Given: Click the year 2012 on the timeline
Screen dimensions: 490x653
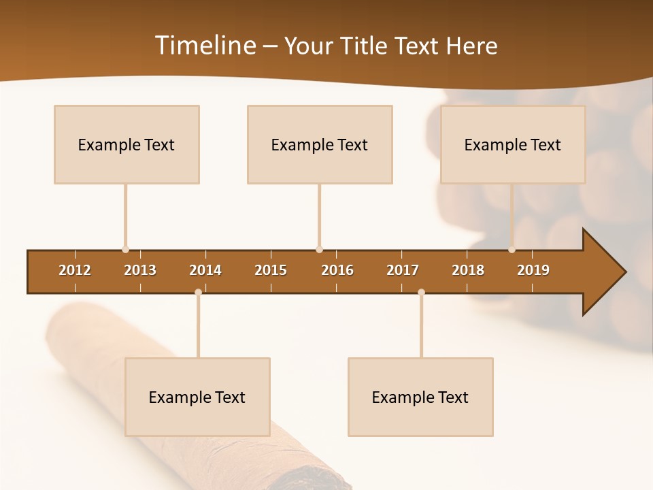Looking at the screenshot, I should coord(75,270).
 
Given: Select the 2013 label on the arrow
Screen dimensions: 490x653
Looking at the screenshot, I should coord(140,270).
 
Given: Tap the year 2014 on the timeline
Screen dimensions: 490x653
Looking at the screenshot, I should coord(205,270).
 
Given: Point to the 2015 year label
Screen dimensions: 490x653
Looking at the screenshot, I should coord(271,270).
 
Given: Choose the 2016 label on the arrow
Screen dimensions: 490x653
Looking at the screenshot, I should coord(337,270).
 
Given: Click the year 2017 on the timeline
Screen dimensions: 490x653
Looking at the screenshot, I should coord(403,270).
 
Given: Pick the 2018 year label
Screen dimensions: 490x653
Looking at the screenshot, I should coord(468,270).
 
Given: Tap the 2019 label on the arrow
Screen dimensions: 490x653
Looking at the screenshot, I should coord(533,270).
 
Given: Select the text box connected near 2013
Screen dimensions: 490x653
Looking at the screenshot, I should coord(127,144).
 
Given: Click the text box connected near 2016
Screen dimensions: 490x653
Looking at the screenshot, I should coord(320,144).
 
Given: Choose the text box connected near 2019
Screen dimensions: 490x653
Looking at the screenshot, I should coord(513,144).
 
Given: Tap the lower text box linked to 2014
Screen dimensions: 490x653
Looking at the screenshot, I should coord(197,397).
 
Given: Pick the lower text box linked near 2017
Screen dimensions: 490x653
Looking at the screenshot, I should coord(420,397).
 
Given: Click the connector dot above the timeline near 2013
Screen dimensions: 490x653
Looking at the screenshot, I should coord(125,250).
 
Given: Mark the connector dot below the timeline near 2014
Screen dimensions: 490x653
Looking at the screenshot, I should coord(198,292).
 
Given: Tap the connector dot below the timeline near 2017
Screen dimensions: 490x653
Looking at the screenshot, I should coord(421,292).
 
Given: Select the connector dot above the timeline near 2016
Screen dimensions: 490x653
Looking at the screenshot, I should coord(319,250).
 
